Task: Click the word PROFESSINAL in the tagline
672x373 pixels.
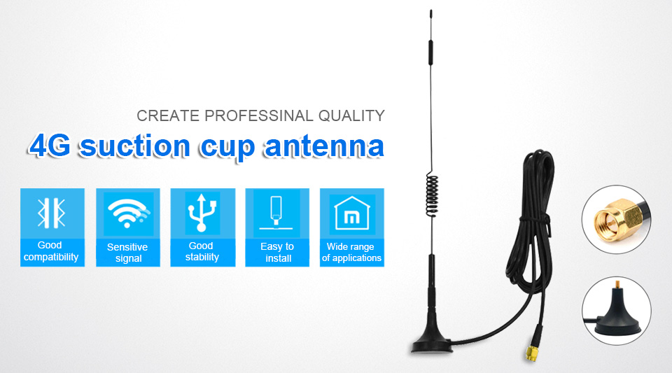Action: coord(259,115)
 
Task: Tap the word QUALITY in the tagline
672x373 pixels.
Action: coord(351,115)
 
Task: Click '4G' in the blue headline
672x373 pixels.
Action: coord(50,146)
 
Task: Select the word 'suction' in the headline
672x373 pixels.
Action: coord(135,146)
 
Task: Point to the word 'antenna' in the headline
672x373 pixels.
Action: coord(324,146)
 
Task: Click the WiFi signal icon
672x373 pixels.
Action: coord(127,213)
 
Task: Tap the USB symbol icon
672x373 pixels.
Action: coord(202,213)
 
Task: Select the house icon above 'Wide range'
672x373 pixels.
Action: coord(352,213)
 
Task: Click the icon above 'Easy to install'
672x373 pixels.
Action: coord(276,212)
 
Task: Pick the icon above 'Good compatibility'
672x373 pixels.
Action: coord(52,213)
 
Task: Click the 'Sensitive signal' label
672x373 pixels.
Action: coord(127,253)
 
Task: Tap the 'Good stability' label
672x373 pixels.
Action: coord(202,251)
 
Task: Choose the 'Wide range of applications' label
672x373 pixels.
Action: coord(351,252)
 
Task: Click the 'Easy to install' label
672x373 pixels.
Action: coord(277,252)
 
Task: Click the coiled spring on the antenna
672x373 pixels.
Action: coord(432,195)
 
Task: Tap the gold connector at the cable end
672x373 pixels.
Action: coord(532,352)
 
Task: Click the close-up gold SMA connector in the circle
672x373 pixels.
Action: coord(617,220)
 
